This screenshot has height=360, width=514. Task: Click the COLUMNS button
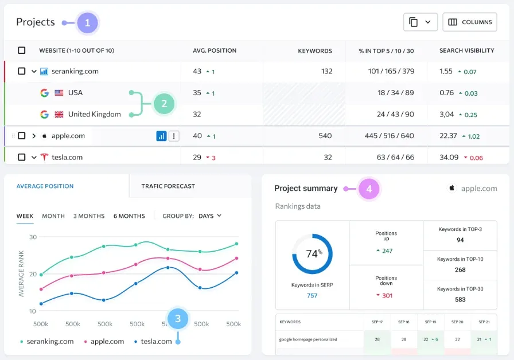(469, 22)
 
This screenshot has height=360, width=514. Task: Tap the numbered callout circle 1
(87, 23)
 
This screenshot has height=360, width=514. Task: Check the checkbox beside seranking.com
(22, 72)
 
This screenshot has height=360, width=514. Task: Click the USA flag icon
(59, 93)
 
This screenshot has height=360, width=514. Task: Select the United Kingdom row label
(94, 114)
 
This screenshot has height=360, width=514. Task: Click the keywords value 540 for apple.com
(325, 136)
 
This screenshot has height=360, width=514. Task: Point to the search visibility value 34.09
(449, 157)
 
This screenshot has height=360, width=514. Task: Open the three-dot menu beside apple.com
(174, 136)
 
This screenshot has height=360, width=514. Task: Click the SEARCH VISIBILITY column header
(466, 50)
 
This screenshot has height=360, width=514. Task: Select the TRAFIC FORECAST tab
(168, 186)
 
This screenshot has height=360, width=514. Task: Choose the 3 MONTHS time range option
(89, 216)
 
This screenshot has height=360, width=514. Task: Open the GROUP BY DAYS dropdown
(209, 216)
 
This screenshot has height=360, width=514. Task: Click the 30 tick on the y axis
(33, 237)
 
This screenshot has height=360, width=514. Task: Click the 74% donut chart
(312, 253)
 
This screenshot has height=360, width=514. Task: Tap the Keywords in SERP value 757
(312, 296)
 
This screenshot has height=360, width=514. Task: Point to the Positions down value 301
(387, 295)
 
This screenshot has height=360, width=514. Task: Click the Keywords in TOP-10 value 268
(460, 269)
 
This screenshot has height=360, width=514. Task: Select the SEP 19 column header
(430, 322)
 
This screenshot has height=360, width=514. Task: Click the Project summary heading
(306, 189)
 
